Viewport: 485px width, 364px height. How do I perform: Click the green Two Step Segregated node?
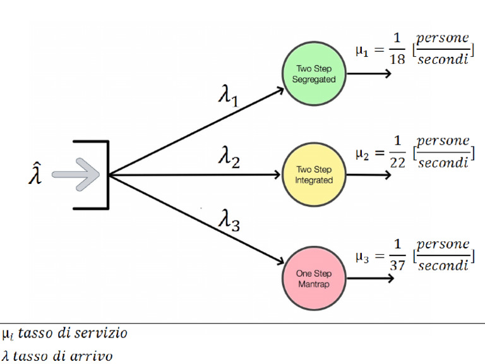(313, 74)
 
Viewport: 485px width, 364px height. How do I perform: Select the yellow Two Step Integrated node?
(313, 175)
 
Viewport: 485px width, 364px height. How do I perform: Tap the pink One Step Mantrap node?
(313, 278)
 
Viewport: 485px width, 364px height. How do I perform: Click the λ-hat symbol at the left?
(36, 174)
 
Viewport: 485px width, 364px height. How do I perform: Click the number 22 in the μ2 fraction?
(397, 162)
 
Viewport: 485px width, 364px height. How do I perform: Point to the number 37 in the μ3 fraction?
(397, 265)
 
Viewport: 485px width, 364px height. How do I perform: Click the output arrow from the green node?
(370, 73)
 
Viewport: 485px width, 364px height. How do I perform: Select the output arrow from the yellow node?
(370, 175)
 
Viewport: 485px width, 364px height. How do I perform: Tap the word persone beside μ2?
(443, 141)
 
